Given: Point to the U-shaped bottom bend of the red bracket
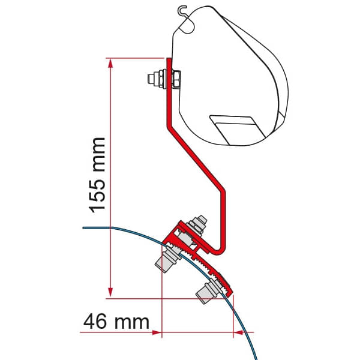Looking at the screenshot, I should coord(223,243).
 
